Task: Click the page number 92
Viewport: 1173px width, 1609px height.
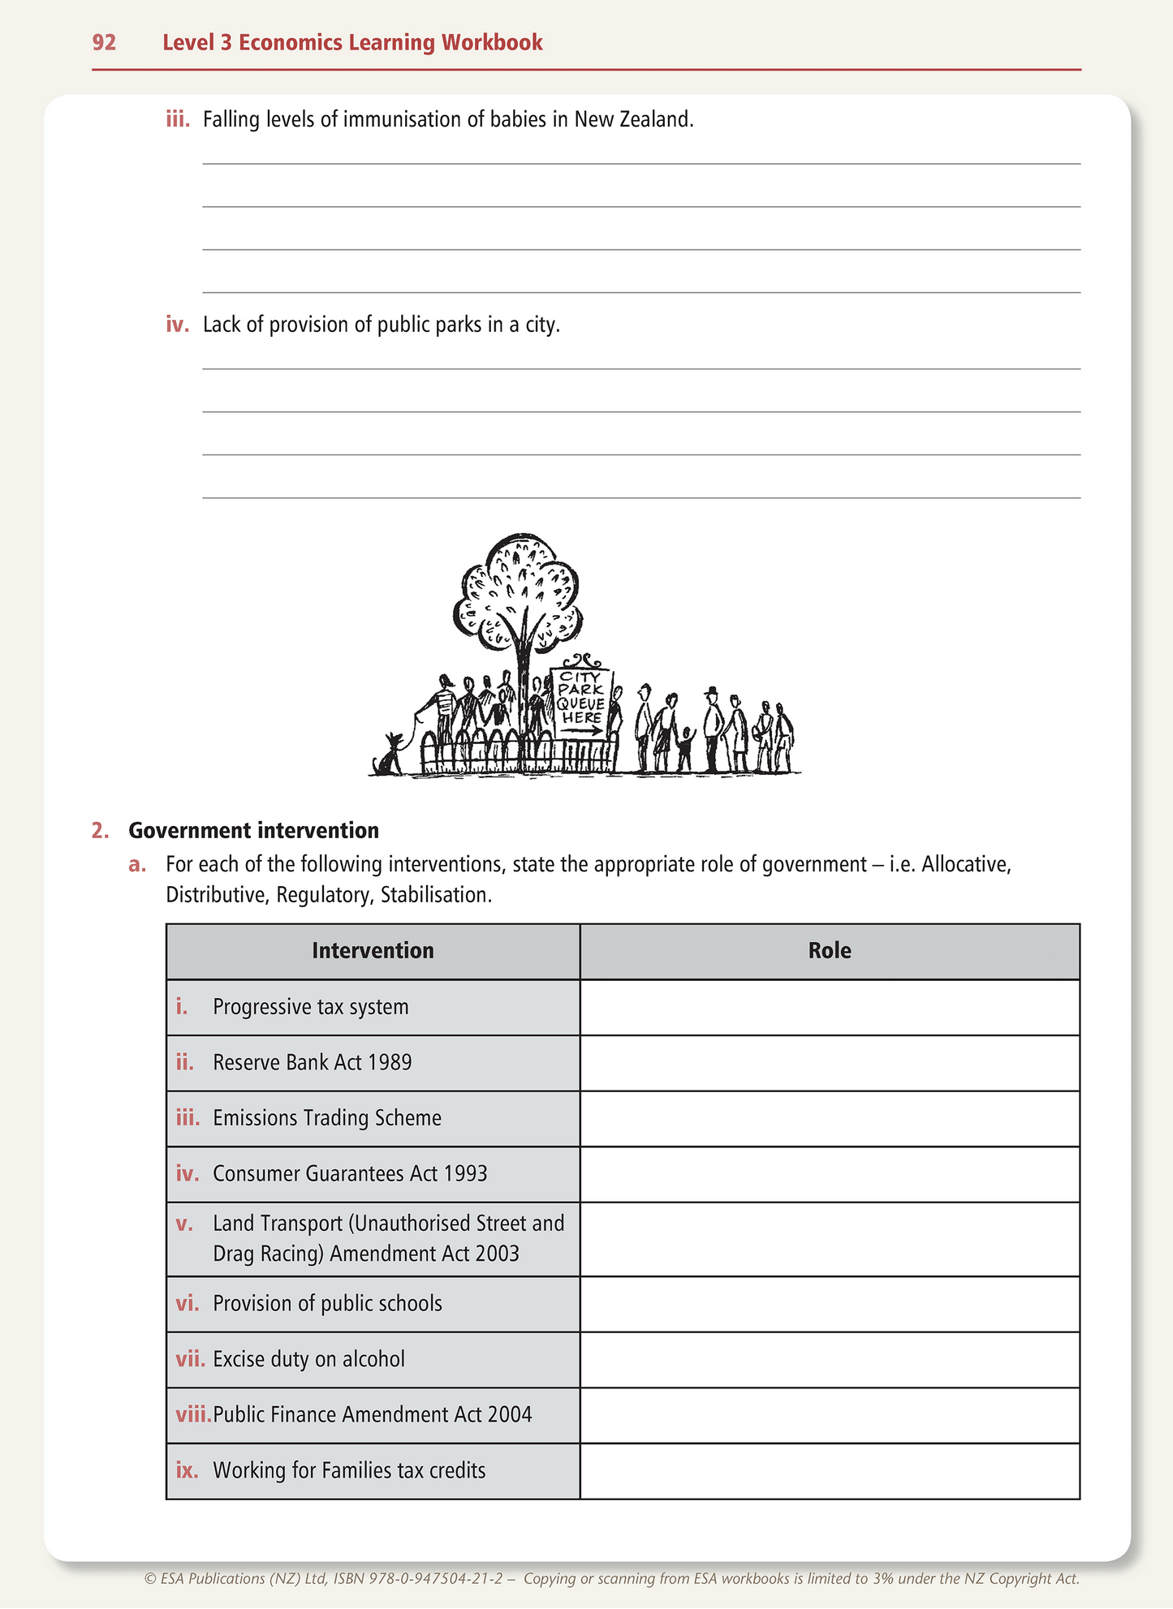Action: click(104, 42)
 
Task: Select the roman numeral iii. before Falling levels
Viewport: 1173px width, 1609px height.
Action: click(178, 120)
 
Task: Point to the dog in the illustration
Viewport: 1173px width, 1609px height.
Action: click(390, 755)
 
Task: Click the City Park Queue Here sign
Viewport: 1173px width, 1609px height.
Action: click(581, 699)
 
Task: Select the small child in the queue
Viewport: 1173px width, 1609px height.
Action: click(685, 748)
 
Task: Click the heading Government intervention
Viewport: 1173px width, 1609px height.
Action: click(253, 830)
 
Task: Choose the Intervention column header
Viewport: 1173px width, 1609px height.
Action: click(373, 951)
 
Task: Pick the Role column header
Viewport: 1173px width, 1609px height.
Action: click(830, 951)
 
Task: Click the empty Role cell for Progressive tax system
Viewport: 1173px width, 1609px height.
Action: click(830, 1007)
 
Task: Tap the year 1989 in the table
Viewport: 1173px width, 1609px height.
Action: click(390, 1063)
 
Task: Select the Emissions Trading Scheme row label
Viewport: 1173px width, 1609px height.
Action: click(327, 1118)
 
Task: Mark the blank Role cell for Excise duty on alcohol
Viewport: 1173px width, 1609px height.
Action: click(830, 1359)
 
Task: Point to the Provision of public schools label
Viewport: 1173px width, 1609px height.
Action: click(327, 1304)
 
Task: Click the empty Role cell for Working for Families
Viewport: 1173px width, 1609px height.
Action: click(830, 1470)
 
